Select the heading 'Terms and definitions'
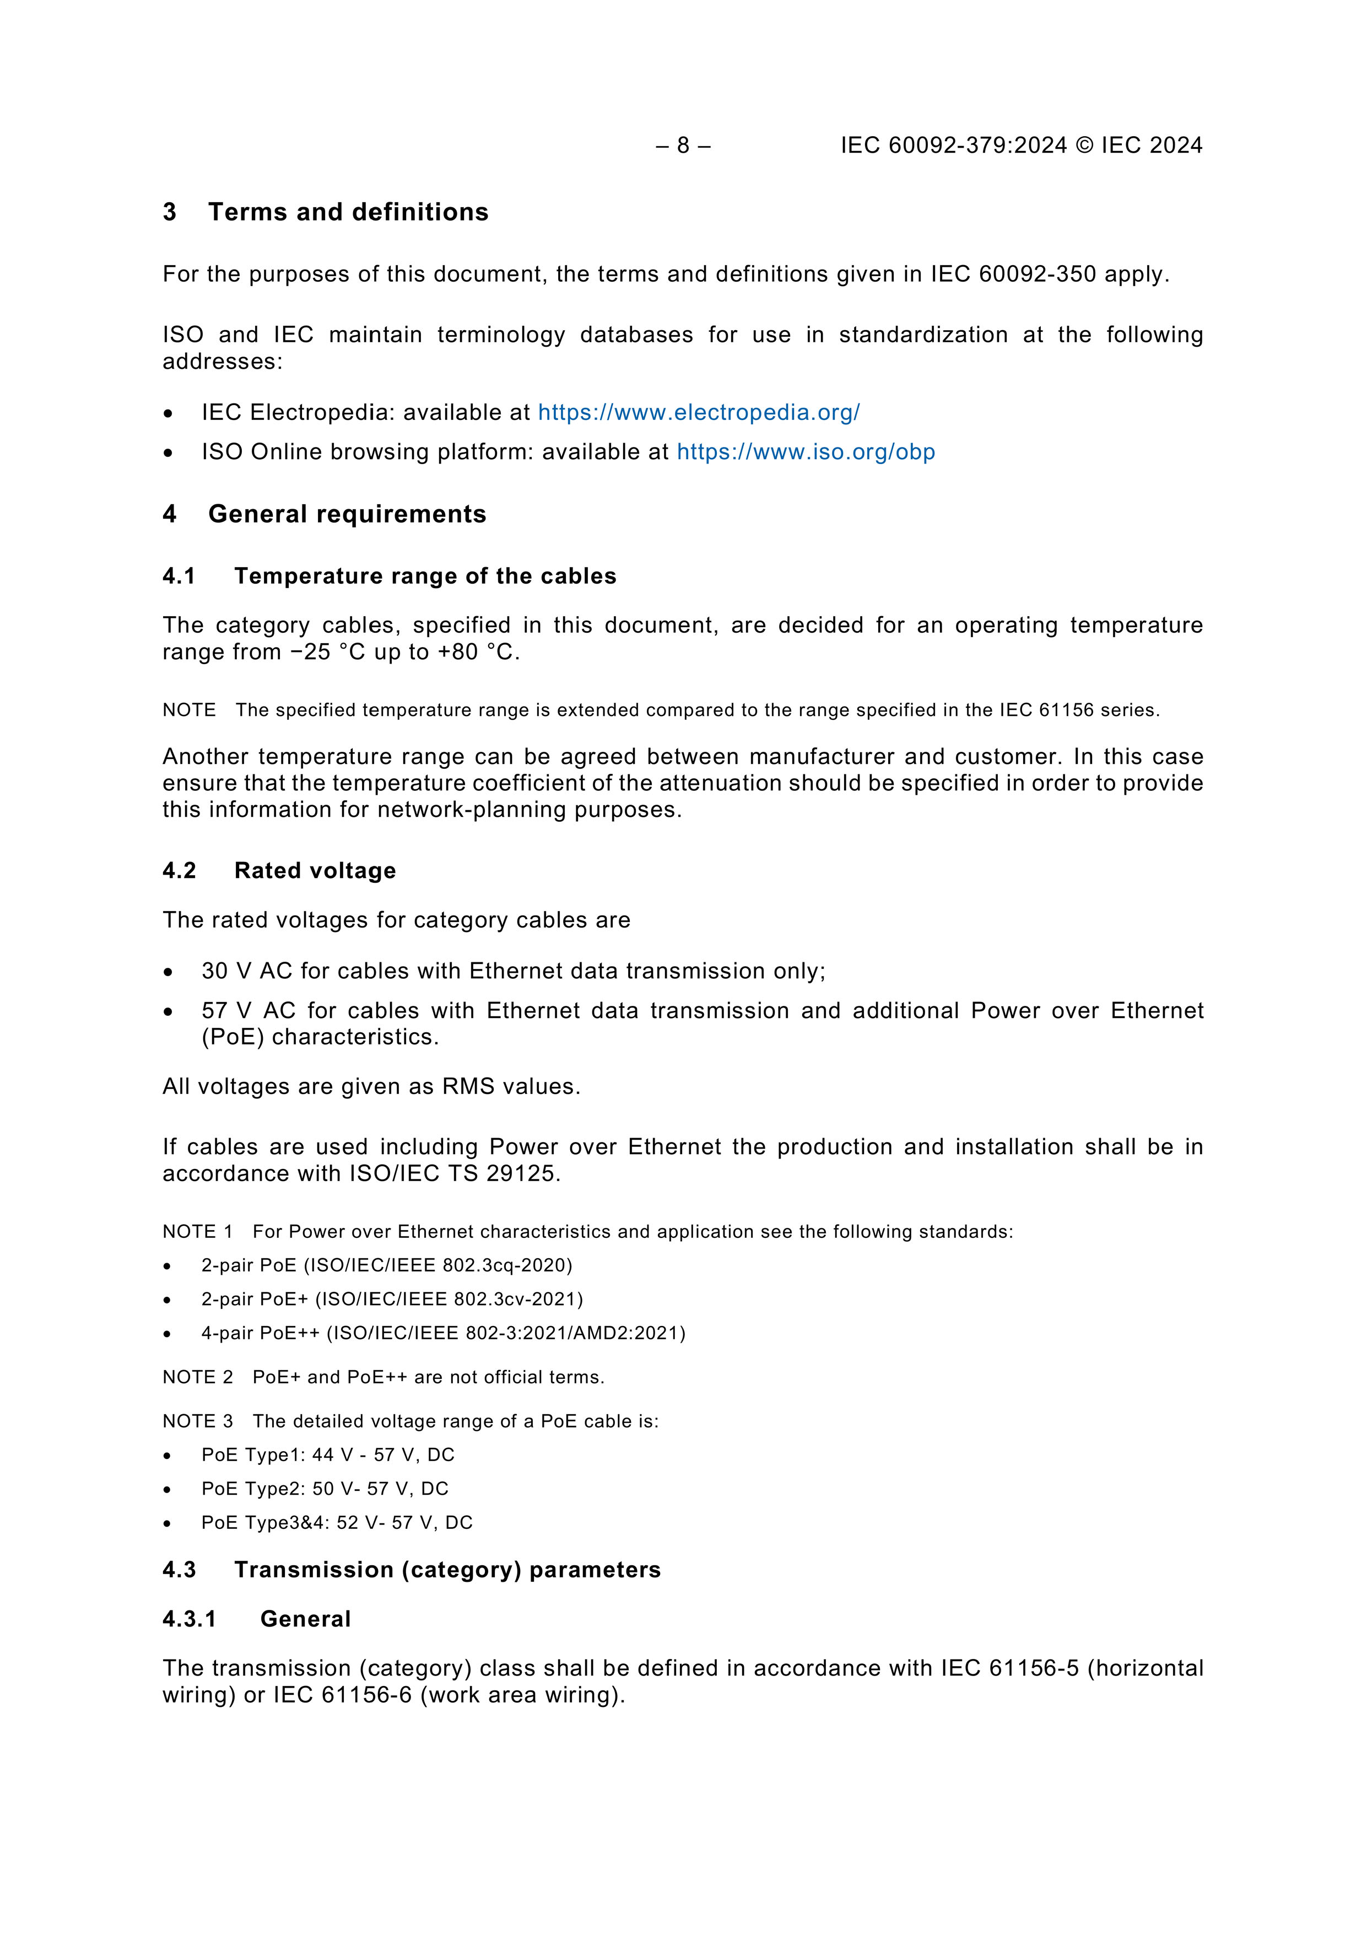[348, 212]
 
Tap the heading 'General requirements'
[347, 515]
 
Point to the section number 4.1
[179, 576]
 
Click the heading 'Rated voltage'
[315, 871]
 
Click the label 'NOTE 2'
[197, 1377]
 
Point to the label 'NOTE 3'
[197, 1421]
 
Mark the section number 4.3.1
[190, 1619]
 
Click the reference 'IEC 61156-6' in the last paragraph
[342, 1695]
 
